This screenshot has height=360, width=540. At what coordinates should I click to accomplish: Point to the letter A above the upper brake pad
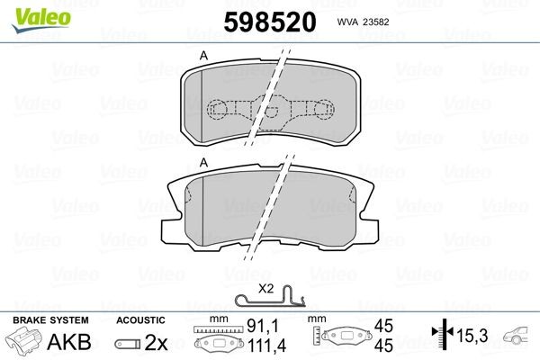[x=203, y=57]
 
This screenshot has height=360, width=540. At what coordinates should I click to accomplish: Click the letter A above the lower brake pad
[x=203, y=161]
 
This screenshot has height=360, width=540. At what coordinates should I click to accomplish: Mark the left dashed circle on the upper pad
[x=218, y=110]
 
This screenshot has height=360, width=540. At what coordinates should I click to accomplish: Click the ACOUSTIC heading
[x=140, y=320]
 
